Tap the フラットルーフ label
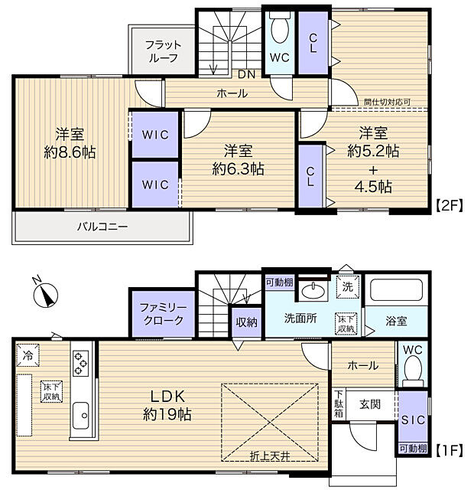point(162,51)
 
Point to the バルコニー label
point(102,227)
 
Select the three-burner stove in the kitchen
point(81,361)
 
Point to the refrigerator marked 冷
point(28,355)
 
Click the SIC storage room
point(411,418)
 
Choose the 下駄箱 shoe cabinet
point(339,404)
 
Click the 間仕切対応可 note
point(387,101)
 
